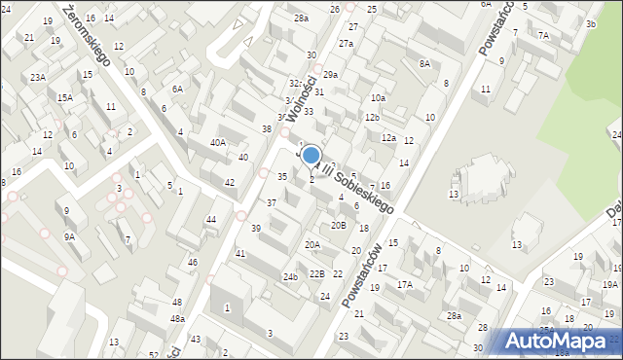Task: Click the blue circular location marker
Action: [311, 155]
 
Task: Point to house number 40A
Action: [218, 142]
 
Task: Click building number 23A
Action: [37, 77]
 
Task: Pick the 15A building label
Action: [64, 97]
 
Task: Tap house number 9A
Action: [69, 235]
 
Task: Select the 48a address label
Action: [177, 318]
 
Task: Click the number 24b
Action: [290, 276]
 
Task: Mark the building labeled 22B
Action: [316, 273]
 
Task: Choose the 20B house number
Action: [338, 225]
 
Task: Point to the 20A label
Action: [312, 245]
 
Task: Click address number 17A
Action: [404, 285]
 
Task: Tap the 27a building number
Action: [346, 44]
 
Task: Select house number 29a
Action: [331, 75]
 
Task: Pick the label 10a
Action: [378, 98]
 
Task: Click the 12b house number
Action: [371, 117]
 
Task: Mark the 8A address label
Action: [424, 63]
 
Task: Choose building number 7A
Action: [543, 35]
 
